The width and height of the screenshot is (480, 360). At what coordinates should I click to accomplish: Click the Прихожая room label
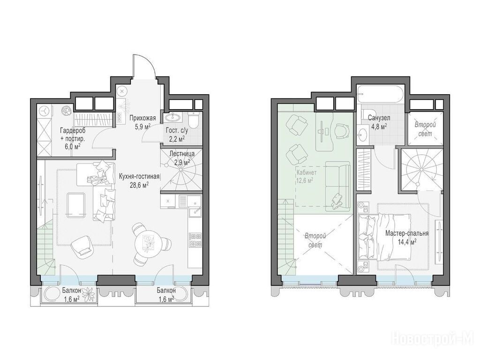pyautogui.click(x=142, y=118)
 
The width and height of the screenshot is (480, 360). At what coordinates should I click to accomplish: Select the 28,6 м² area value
pyautogui.click(x=139, y=184)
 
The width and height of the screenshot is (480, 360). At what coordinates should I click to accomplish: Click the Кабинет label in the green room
pyautogui.click(x=307, y=172)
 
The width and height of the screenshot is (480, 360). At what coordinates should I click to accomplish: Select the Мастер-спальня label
pyautogui.click(x=407, y=233)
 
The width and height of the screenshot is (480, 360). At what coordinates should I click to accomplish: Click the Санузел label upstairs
pyautogui.click(x=379, y=118)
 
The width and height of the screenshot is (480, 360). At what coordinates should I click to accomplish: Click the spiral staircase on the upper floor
pyautogui.click(x=421, y=170)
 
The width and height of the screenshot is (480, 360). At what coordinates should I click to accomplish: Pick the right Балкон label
pyautogui.click(x=166, y=291)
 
